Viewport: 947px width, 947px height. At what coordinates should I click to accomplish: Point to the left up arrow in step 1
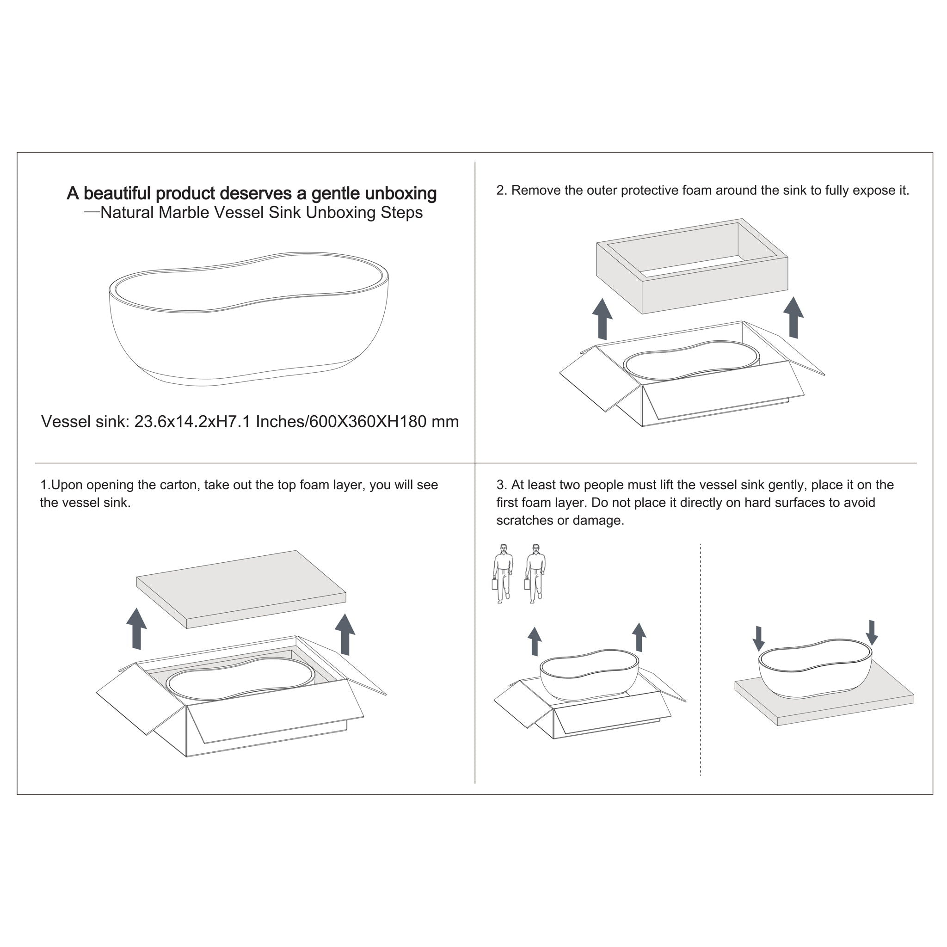(x=137, y=629)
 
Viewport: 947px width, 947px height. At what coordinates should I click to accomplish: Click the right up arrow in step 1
(x=345, y=634)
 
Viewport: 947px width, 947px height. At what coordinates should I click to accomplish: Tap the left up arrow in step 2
(x=603, y=319)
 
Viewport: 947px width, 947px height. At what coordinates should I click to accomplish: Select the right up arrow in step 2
(x=793, y=317)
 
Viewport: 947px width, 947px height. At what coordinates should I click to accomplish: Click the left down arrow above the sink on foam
(x=758, y=639)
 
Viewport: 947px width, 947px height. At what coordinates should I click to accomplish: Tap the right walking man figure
(x=535, y=573)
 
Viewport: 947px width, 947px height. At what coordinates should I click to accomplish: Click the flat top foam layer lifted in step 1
(x=241, y=589)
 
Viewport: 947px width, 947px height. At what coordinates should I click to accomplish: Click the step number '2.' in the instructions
(x=501, y=190)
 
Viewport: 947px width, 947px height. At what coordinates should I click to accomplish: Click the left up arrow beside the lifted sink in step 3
(x=534, y=642)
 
